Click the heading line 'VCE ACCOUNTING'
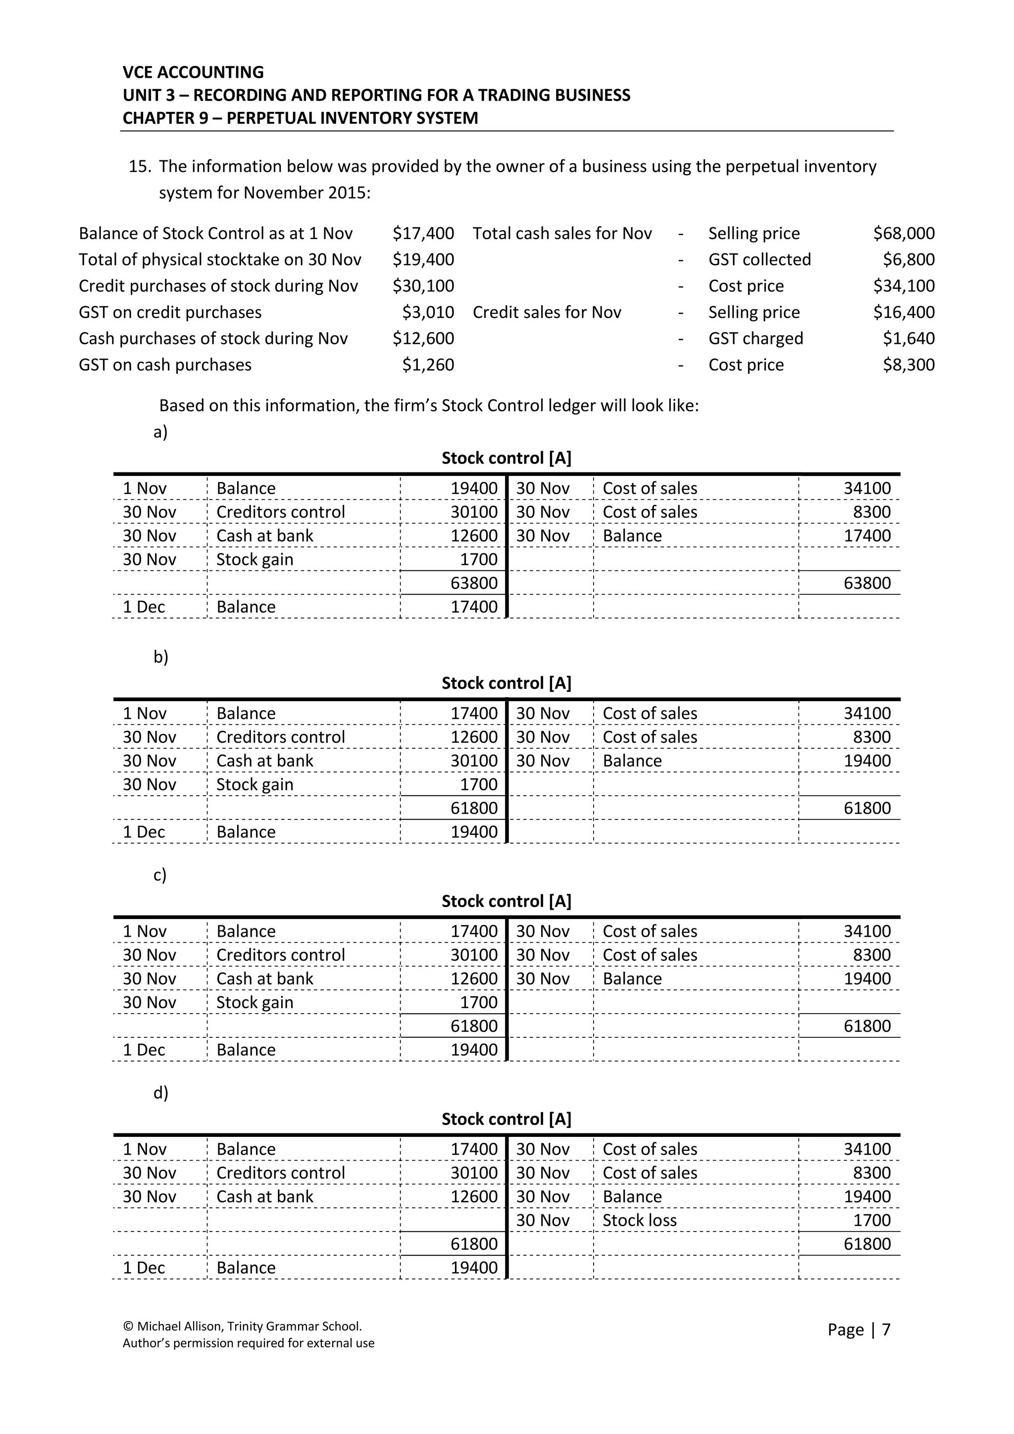[x=193, y=72]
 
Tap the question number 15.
[x=140, y=167]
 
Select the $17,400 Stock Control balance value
[x=423, y=234]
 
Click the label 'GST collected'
[x=759, y=260]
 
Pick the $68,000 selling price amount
[x=903, y=234]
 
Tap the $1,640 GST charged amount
[x=908, y=339]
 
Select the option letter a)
[x=160, y=432]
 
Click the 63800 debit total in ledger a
[x=474, y=583]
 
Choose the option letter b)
[x=160, y=657]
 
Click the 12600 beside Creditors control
[x=474, y=737]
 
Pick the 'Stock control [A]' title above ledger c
[x=507, y=901]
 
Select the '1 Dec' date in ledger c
[x=144, y=1050]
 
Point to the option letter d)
[x=160, y=1093]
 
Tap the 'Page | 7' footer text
[x=859, y=1330]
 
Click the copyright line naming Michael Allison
[x=242, y=1326]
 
